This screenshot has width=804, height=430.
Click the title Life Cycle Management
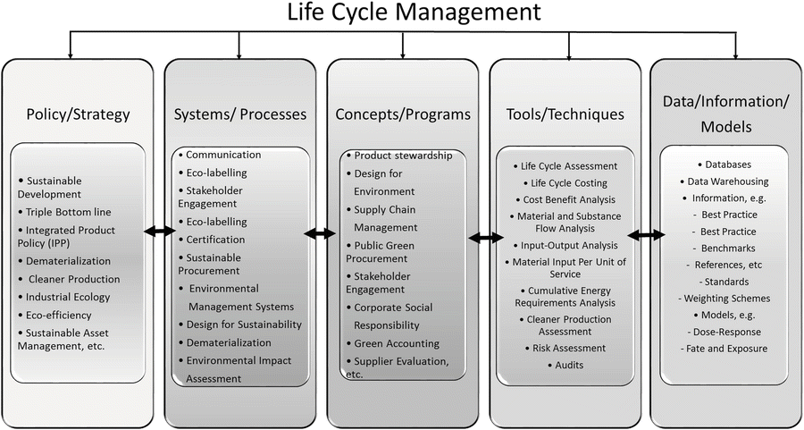(414, 13)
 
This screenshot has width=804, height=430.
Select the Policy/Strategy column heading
(78, 114)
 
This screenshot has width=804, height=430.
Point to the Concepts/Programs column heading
(403, 114)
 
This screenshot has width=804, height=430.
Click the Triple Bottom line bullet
(64, 211)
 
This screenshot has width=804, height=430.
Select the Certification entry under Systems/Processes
(212, 240)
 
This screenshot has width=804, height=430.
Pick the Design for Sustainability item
(240, 325)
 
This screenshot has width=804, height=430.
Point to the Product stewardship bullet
(399, 156)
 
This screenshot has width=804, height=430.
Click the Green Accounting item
(393, 343)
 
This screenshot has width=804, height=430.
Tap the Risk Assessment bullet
(565, 348)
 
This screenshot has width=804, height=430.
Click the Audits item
(565, 365)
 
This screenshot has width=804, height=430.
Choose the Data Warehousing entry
(724, 181)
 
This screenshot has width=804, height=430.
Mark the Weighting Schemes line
(724, 298)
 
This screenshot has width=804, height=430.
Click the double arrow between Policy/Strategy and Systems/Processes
(160, 232)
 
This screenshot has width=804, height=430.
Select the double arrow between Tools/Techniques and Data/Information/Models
(646, 235)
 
